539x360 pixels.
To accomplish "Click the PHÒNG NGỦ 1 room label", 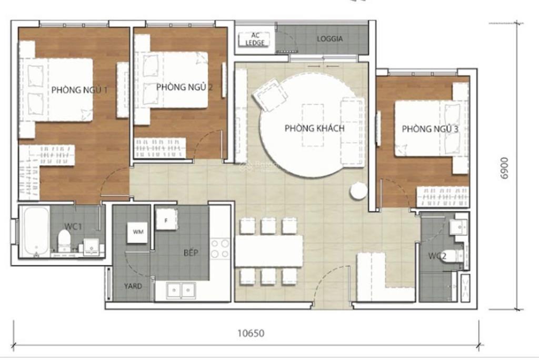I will click(x=79, y=90).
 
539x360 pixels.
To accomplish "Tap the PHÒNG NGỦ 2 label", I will click(x=184, y=87).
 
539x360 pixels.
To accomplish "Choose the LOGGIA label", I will click(x=330, y=39).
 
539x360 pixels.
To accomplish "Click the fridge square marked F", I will click(x=166, y=220).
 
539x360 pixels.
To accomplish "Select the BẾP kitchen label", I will click(x=191, y=253).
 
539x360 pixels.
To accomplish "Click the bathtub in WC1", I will click(x=36, y=232).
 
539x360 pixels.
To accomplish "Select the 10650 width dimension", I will click(x=251, y=333).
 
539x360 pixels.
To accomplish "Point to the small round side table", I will click(x=358, y=191).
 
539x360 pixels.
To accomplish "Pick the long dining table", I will click(x=269, y=251).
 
